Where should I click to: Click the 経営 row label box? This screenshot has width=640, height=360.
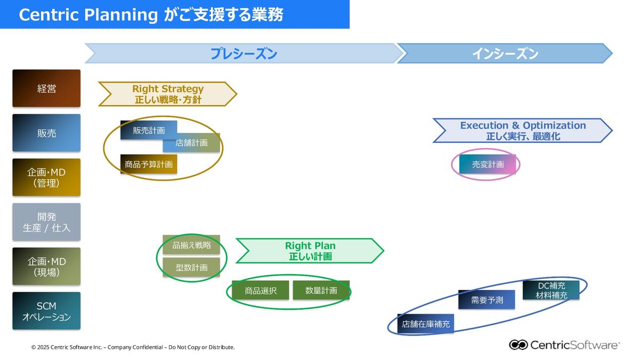pos(46,89)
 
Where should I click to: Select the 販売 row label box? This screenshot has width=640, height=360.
pos(46,133)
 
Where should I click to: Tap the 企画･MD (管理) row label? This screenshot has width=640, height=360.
pos(46,177)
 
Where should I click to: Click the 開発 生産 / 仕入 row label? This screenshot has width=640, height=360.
pos(46,222)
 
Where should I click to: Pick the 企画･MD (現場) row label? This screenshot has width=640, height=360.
pos(46,266)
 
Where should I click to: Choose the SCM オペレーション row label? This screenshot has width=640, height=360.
pos(46,311)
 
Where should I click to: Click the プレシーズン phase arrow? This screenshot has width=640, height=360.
pos(243,54)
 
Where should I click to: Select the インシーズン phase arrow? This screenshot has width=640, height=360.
pos(505,54)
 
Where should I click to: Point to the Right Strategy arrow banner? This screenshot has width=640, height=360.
pos(167,94)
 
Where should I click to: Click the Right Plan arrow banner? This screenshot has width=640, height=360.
pos(310,251)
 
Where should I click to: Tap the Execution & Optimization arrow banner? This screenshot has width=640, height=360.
pos(523,130)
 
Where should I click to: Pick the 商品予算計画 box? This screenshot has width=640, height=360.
pos(148,164)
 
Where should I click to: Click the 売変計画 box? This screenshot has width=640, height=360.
pos(487,164)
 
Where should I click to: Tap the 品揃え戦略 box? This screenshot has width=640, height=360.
pos(191,245)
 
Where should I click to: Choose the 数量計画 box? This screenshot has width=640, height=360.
pos(321,291)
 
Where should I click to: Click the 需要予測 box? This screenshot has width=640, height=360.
pos(486,300)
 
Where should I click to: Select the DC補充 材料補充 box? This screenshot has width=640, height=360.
pos(551,290)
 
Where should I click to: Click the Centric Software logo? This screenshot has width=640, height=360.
pos(564,345)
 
